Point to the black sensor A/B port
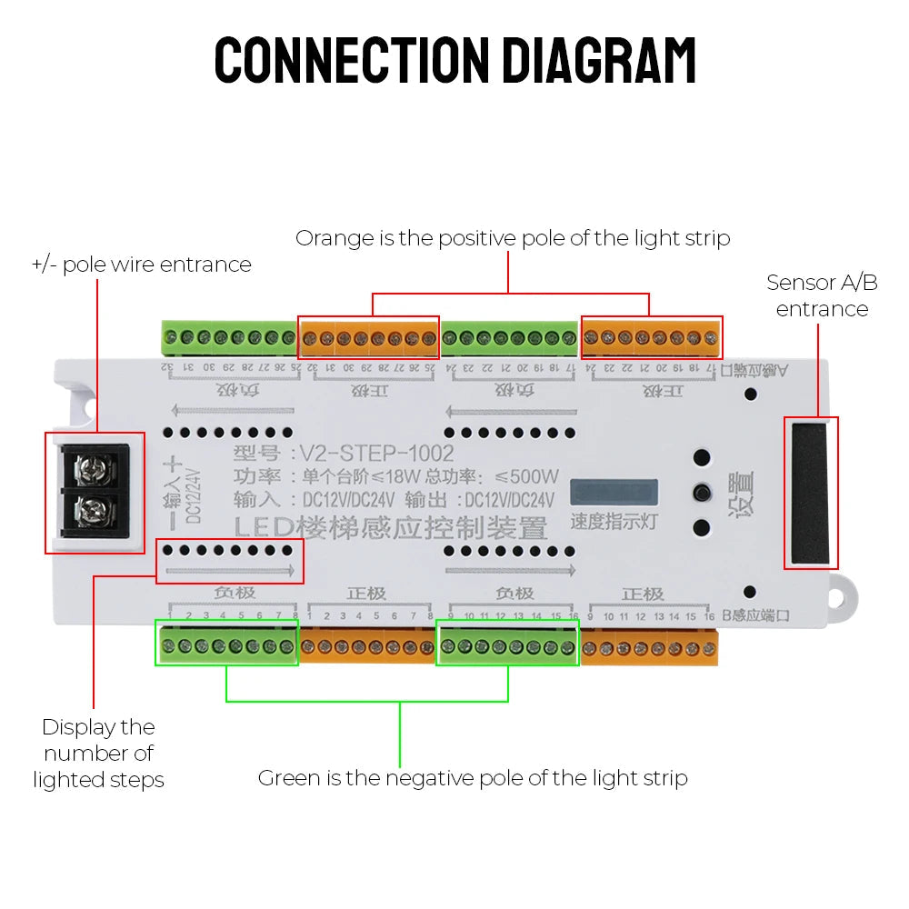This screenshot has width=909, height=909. (x=810, y=493)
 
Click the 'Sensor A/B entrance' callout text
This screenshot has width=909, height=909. (x=822, y=295)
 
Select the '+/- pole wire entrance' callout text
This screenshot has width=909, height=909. (x=141, y=265)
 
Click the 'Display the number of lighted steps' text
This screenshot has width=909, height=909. (x=98, y=753)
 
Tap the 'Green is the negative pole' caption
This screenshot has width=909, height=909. (x=473, y=778)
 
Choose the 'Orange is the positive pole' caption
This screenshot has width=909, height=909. (x=513, y=238)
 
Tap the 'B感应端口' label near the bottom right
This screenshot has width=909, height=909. (x=754, y=616)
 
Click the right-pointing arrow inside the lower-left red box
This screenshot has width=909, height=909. (x=229, y=572)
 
